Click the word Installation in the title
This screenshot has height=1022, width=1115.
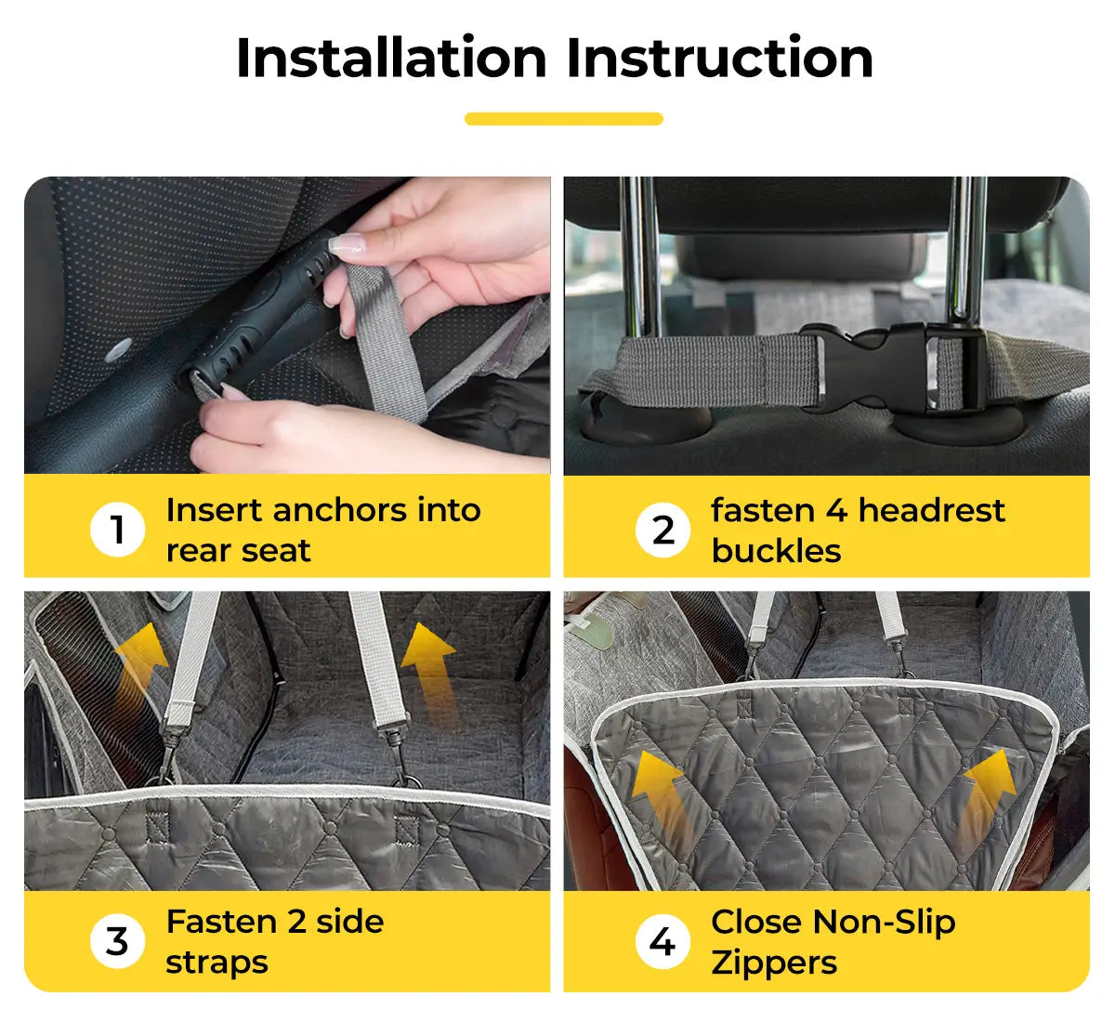pos(392,58)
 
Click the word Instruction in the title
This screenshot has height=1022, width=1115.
pos(720,58)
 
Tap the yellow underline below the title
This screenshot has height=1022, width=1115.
pos(564,119)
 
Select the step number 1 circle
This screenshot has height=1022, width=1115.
pos(117,529)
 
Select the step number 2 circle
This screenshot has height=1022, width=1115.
pos(662,530)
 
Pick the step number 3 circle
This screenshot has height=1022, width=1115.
pos(117,941)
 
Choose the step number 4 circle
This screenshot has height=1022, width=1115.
pos(662,941)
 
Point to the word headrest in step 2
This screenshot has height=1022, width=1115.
pos(932,510)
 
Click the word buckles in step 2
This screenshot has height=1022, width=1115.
pos(776,550)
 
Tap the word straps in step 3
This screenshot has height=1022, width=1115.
pos(216,964)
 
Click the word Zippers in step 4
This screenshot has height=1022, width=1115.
pos(774,963)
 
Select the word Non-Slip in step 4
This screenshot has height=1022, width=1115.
pos(884,923)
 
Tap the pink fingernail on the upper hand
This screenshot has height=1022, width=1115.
pos(347,243)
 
